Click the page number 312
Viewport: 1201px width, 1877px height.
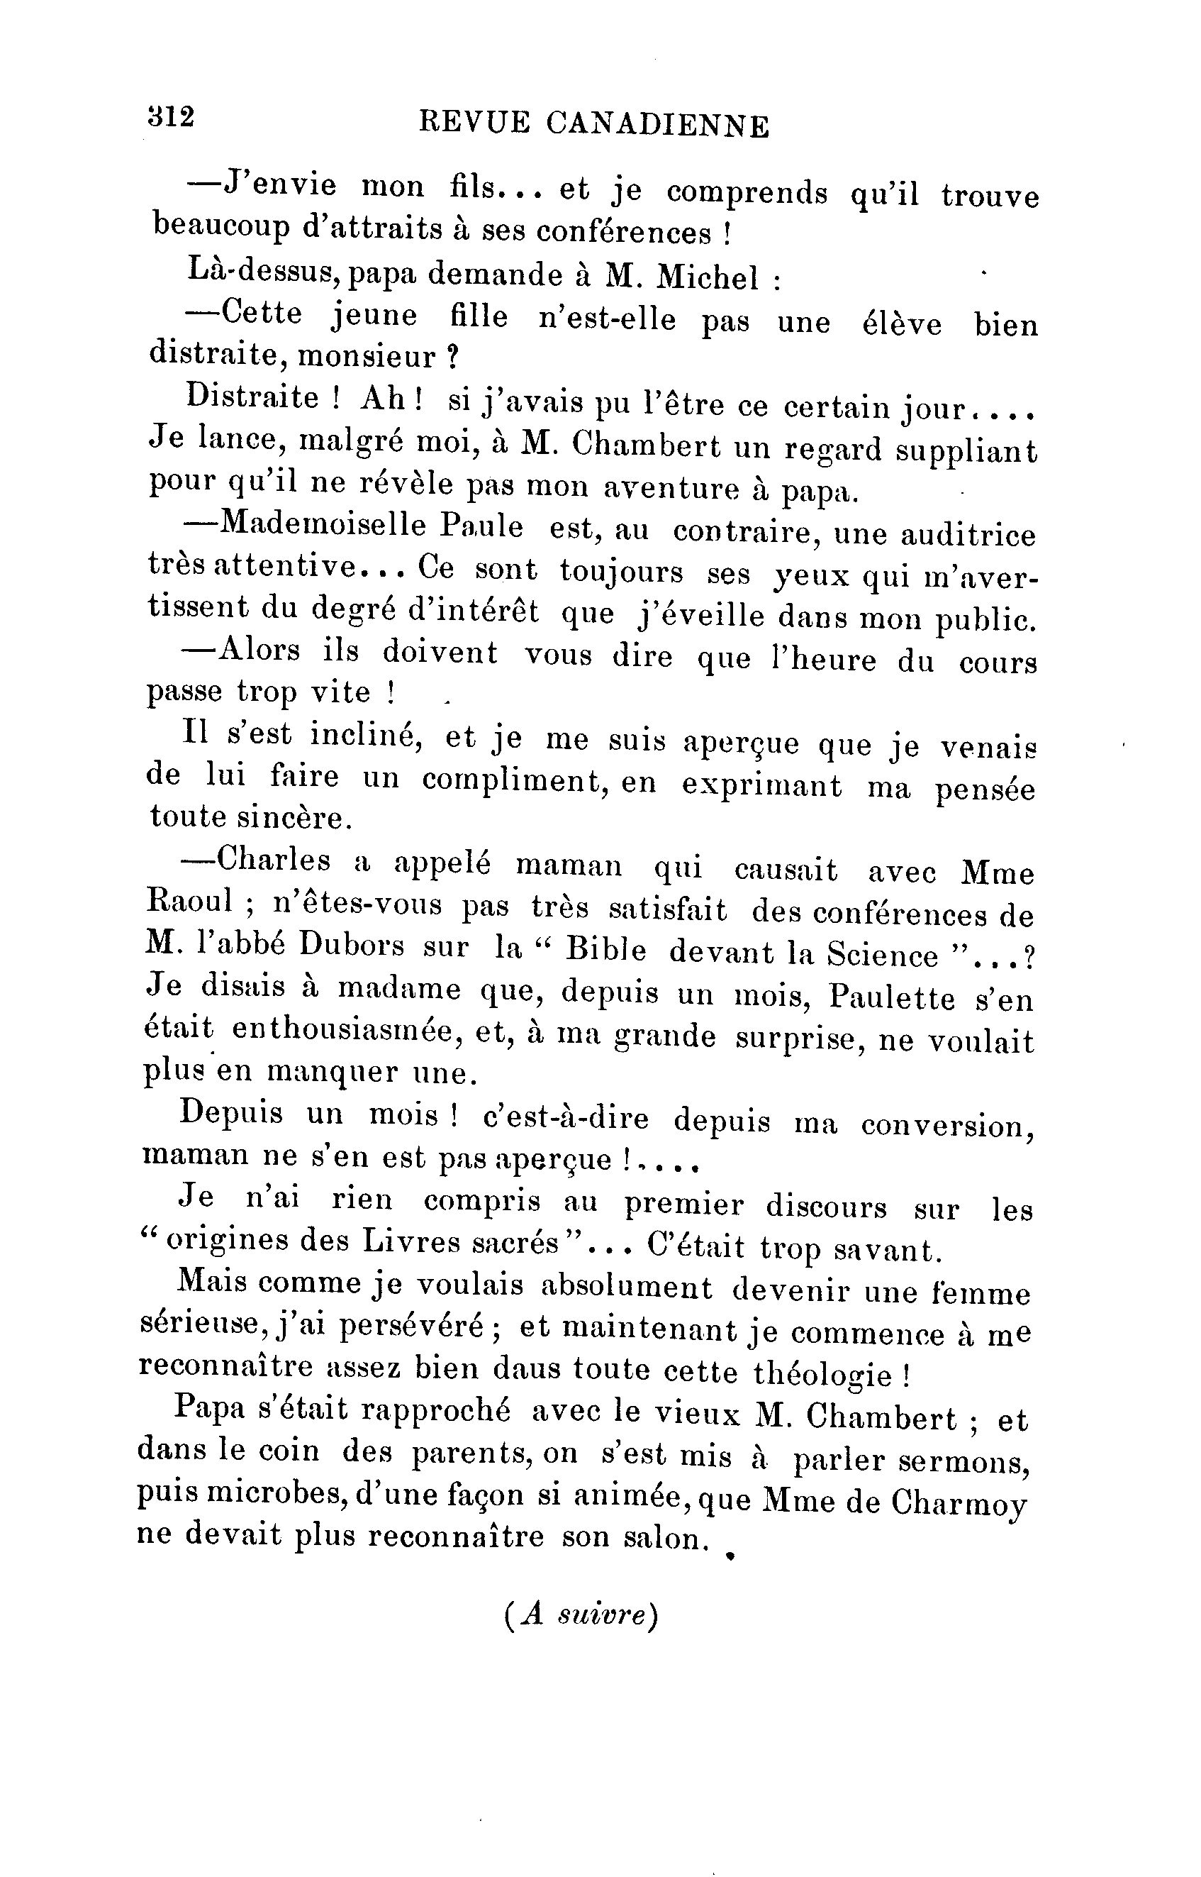[170, 117]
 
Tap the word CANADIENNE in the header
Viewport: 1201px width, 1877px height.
[657, 125]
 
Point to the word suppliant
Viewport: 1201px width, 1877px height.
[966, 452]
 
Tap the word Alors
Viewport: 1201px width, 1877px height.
[259, 650]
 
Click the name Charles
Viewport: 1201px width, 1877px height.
[274, 860]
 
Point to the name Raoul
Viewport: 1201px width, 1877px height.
[189, 901]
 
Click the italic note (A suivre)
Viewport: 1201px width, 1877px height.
[582, 1615]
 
